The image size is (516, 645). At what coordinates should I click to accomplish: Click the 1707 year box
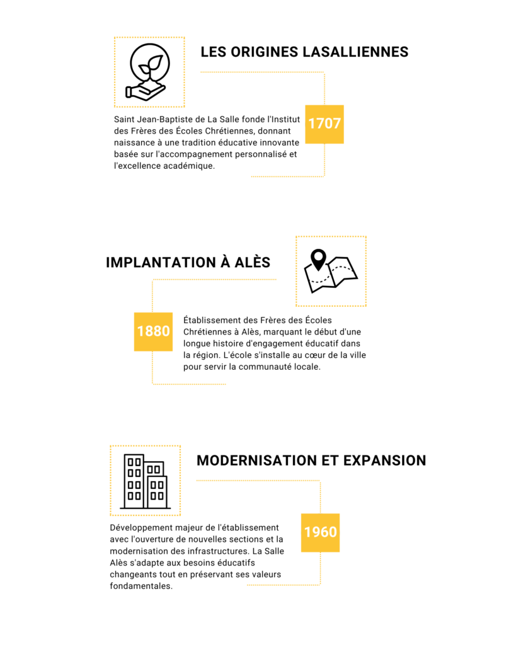click(324, 124)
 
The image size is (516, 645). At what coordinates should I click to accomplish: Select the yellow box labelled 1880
click(153, 331)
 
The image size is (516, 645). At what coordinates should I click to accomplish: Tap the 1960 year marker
click(320, 532)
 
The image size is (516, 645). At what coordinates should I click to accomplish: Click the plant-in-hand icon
click(149, 72)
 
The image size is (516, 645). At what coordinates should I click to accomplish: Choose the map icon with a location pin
click(331, 271)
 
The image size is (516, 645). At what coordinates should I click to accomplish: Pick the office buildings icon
click(145, 481)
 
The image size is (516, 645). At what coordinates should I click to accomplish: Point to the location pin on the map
click(318, 258)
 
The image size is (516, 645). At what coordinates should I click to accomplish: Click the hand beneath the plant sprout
click(145, 92)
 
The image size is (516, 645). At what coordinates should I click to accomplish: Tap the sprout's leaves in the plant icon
click(151, 64)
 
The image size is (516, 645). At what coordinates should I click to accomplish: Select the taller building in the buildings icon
click(134, 480)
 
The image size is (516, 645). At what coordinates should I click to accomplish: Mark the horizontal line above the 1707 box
click(262, 72)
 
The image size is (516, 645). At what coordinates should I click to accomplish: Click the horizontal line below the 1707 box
click(287, 176)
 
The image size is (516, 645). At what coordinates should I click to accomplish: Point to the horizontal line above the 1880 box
click(214, 280)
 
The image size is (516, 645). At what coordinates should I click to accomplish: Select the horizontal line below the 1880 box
click(189, 384)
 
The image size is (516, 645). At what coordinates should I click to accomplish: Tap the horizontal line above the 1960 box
click(258, 481)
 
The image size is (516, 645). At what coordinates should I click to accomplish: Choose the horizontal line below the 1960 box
click(283, 585)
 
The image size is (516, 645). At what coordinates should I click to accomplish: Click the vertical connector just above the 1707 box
click(324, 89)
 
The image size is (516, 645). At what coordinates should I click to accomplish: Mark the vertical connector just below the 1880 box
click(152, 367)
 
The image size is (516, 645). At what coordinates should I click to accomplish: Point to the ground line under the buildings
click(145, 508)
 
